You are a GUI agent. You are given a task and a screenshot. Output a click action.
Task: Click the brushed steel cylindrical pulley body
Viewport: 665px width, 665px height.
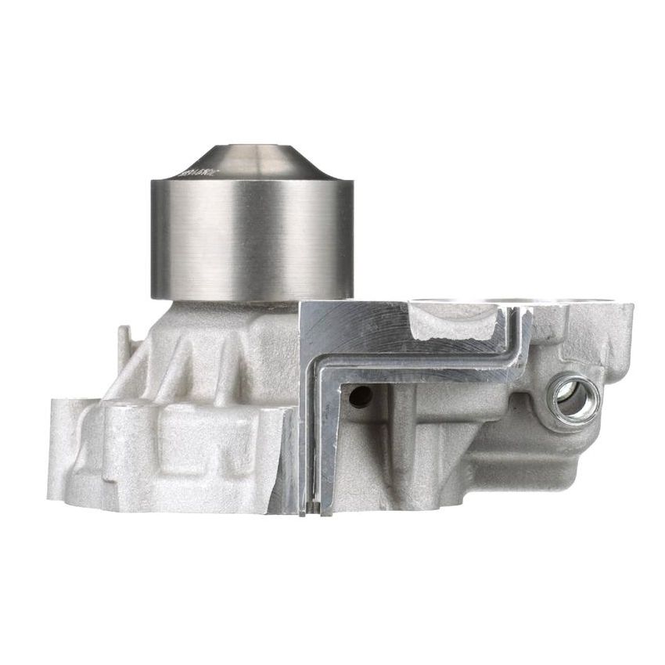tap(251, 239)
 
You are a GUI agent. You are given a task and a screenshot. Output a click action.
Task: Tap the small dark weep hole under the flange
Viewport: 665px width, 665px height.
tap(360, 397)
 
